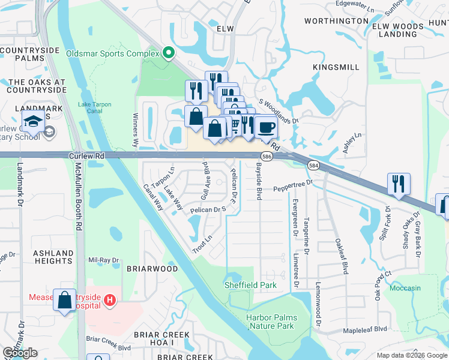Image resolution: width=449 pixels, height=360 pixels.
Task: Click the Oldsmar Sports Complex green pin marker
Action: coord(169,54)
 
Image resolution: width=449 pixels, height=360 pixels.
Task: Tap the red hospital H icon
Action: coord(109,299)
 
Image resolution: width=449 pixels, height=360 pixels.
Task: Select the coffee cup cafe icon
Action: coord(266,127)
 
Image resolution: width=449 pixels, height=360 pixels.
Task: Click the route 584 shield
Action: coord(313,165)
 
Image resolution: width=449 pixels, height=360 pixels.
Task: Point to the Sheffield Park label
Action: coord(250,285)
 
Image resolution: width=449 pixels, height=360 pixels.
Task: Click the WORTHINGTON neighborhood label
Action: coord(336,21)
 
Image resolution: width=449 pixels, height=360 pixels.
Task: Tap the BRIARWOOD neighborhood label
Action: coord(152,269)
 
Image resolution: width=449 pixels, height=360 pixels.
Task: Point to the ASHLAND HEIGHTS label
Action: coord(53,257)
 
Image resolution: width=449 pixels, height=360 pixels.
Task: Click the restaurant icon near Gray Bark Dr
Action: coord(399,184)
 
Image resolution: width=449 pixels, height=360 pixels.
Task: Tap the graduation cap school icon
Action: coord(33,121)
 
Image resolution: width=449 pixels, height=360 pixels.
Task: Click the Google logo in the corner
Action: coord(20,353)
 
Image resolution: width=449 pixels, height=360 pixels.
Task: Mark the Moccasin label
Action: coord(405,288)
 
